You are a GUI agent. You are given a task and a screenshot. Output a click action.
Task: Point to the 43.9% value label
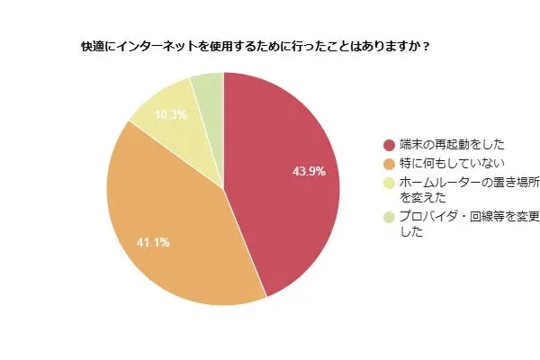[309, 170]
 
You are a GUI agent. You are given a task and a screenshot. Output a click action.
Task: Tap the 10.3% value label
[170, 115]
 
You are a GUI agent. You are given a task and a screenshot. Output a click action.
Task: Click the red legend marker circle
[389, 145]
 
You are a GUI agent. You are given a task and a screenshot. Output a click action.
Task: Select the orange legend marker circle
[389, 164]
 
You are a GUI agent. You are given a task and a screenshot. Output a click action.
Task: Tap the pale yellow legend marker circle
[389, 183]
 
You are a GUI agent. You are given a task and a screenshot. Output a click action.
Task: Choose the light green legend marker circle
[389, 217]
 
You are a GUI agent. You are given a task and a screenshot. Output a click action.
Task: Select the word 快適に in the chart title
[95, 46]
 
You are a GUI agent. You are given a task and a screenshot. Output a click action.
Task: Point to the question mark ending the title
[425, 46]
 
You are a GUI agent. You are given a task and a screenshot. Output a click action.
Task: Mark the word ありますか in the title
[388, 46]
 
